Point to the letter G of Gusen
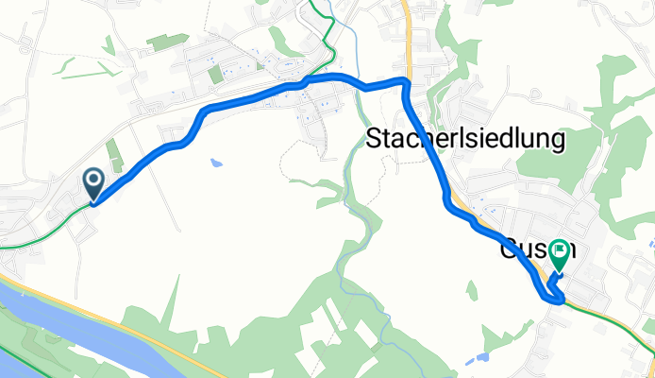[x=508, y=252]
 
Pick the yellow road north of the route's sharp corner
[x=406, y=38]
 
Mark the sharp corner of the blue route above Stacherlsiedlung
[x=407, y=83]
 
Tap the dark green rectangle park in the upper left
[x=167, y=42]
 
